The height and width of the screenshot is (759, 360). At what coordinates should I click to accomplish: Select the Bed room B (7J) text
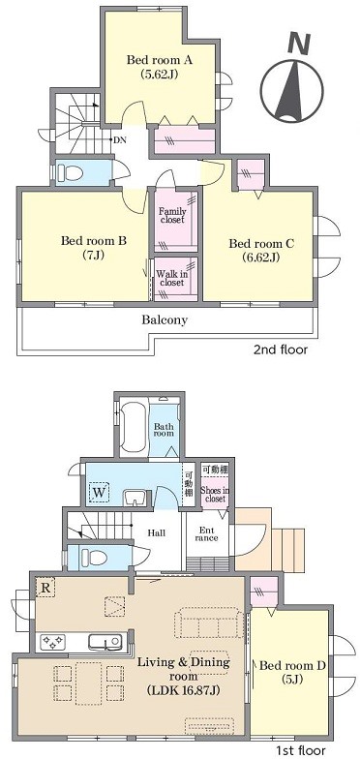coord(93,247)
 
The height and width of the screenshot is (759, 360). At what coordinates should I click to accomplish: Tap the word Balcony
coord(165,319)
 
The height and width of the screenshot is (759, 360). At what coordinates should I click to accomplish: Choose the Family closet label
coord(172,215)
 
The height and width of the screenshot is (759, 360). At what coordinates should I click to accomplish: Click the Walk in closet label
coord(172,277)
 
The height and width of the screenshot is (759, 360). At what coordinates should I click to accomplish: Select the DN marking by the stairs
coord(120,140)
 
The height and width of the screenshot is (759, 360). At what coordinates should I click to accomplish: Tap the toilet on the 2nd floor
coord(70,172)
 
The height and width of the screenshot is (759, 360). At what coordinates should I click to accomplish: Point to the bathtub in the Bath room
coord(134,425)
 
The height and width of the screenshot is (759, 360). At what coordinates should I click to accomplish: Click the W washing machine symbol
coord(99,493)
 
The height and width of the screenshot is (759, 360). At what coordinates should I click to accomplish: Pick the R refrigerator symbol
coord(45,588)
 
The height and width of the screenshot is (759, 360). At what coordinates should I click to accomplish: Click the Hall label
coord(157,532)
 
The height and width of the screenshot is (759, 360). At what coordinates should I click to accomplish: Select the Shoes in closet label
coord(215,494)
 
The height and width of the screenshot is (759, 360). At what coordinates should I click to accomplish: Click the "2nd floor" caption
coord(281,349)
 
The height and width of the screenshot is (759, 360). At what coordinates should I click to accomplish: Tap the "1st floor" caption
coord(300,750)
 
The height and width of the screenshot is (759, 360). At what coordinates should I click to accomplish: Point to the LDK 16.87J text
coord(183,689)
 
